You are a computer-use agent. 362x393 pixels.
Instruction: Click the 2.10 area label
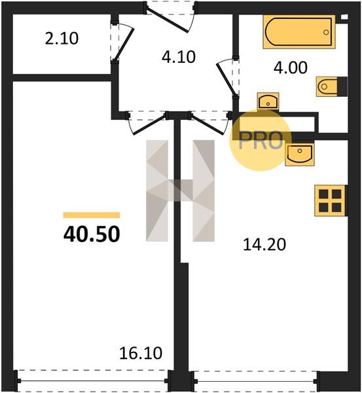[x=62, y=39]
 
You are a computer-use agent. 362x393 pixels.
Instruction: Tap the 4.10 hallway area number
[x=178, y=57]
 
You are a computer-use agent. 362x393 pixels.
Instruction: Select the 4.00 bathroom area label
[x=291, y=67]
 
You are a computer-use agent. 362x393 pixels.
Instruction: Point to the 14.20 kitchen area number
[x=264, y=244]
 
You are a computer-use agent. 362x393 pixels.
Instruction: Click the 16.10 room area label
[x=141, y=353]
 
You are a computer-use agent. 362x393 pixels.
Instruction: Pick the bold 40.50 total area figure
[x=92, y=234]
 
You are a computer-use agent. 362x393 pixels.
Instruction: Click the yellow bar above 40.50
[x=92, y=215]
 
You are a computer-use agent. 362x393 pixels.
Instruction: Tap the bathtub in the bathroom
[x=299, y=32]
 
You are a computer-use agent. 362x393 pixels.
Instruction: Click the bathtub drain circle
[x=326, y=32]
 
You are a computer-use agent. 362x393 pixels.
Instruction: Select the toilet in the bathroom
[x=332, y=86]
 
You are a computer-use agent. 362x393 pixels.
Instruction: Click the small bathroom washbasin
[x=268, y=101]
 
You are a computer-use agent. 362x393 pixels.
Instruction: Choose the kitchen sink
[x=299, y=155]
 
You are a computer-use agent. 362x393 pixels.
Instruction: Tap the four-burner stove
[x=330, y=200]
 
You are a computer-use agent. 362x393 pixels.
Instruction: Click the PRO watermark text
[x=261, y=141]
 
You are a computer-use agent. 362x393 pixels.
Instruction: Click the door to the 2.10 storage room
[x=124, y=45]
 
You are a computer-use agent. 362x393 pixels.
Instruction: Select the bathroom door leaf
[x=226, y=80]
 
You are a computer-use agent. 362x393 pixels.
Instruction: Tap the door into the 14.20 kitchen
[x=208, y=124]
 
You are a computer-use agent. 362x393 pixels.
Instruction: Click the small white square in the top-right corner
[x=344, y=17]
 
